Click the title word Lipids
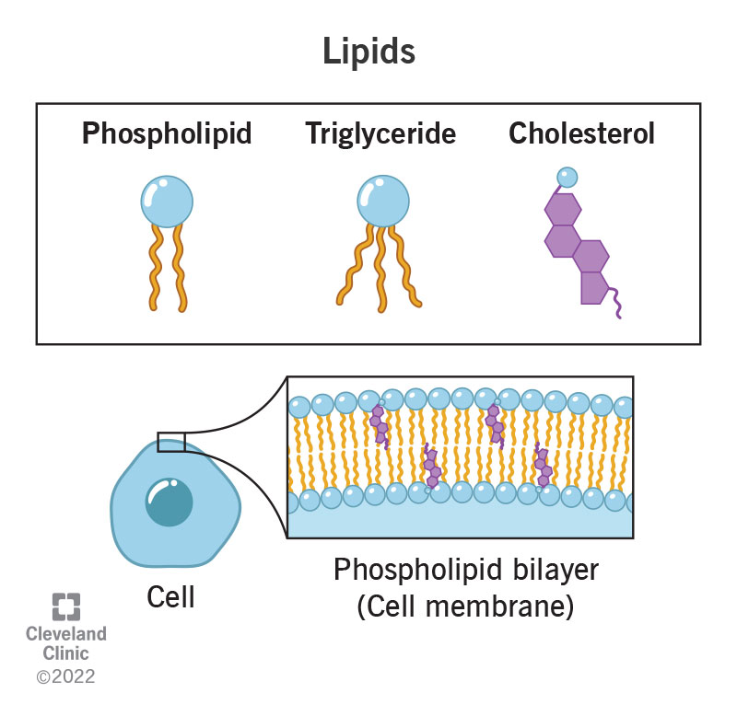click(368, 52)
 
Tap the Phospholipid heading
click(167, 134)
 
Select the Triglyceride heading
click(380, 134)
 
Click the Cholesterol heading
click(581, 134)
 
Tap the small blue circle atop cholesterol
click(567, 176)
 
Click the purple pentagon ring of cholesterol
click(597, 286)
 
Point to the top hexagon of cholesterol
click(562, 211)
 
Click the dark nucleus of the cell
click(170, 503)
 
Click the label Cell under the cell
click(171, 597)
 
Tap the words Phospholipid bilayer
click(465, 570)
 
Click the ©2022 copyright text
click(65, 677)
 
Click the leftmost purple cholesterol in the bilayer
click(377, 424)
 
